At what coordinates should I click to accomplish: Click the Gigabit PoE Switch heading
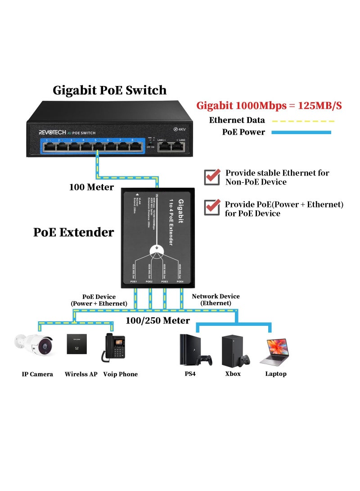tap(110, 90)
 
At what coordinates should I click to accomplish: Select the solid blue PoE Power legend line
tap(301, 132)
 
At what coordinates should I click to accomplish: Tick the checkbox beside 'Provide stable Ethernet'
tap(212, 177)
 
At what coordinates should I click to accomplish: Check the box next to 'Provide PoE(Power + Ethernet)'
tap(212, 207)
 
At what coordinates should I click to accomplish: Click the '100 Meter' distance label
tap(91, 187)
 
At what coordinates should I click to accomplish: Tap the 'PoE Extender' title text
tap(73, 232)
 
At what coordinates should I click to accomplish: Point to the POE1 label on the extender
tap(134, 281)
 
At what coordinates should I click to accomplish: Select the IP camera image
tap(34, 346)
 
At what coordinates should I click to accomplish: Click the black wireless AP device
tap(76, 344)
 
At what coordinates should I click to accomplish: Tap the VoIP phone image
tap(112, 347)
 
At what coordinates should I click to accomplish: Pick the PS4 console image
tap(192, 350)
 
